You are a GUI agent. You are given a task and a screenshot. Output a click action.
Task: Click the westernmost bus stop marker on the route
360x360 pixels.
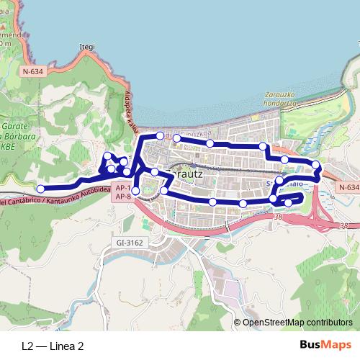[41, 189]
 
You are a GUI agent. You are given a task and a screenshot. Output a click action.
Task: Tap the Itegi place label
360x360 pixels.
[86, 48]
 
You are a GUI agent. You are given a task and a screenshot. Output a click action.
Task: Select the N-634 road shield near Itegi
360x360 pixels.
[32, 71]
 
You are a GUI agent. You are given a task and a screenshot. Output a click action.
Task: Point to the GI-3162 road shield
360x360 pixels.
[130, 243]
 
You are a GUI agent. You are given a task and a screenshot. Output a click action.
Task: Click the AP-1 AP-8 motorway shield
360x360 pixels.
[122, 192]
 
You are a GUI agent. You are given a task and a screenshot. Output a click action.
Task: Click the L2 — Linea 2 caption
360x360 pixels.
[53, 346]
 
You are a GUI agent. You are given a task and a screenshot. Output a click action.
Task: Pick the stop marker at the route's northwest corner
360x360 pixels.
[160, 135]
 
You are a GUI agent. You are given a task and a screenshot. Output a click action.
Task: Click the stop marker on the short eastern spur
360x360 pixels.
[289, 203]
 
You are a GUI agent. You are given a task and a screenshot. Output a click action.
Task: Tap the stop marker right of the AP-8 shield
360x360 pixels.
[164, 190]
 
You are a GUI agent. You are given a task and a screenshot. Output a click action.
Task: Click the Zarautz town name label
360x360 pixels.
[186, 174]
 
